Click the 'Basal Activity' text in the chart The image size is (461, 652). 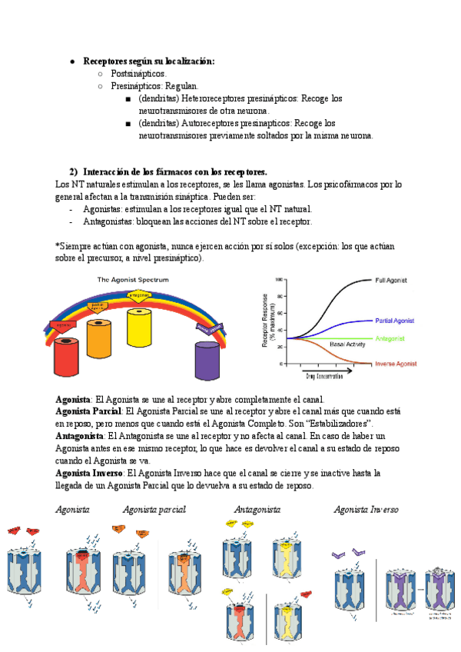tap(347, 344)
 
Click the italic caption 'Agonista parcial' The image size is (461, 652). tap(154, 510)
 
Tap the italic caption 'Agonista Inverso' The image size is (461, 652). tap(366, 510)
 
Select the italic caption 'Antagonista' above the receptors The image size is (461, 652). tap(257, 510)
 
